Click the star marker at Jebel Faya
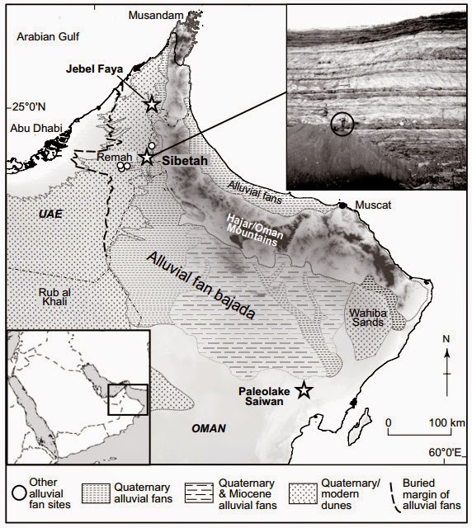151,104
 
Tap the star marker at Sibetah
147,157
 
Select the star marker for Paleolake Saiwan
304,391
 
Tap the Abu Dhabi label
31,127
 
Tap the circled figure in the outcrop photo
342,124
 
